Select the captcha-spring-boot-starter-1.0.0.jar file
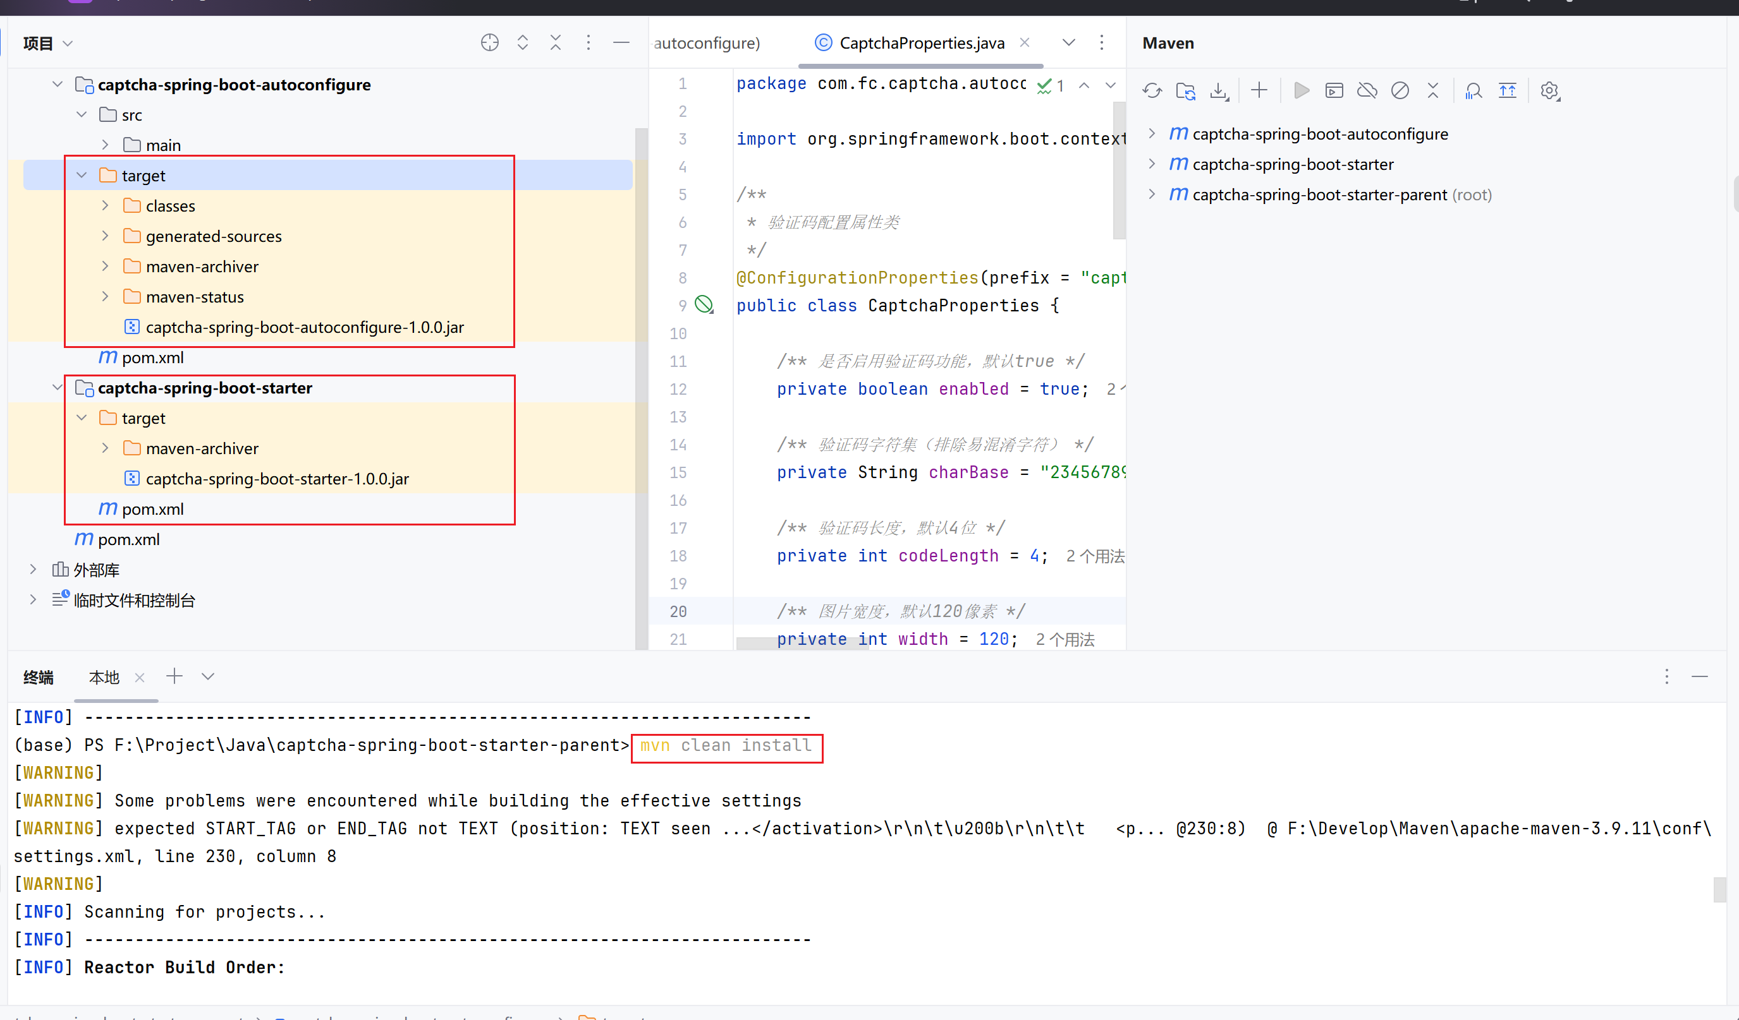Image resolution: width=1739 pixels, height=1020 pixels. [277, 479]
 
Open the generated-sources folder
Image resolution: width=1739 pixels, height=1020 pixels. [213, 237]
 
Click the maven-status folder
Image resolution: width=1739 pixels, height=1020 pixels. [195, 297]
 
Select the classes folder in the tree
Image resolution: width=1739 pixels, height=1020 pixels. [170, 206]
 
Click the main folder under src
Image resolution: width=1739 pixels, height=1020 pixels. [163, 145]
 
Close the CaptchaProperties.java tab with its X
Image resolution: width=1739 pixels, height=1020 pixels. [1025, 43]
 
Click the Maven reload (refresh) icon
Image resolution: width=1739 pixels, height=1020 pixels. [1152, 91]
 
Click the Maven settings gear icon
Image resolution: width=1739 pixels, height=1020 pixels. [1549, 91]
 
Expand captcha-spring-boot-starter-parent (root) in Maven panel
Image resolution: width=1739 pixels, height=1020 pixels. [1152, 195]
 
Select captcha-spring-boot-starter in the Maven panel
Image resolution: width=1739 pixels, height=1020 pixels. [1293, 165]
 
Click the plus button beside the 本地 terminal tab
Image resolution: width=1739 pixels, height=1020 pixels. [174, 676]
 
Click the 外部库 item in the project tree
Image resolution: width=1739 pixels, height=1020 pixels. [96, 570]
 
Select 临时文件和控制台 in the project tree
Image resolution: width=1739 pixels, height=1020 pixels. [134, 601]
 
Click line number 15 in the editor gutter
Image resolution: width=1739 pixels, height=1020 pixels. [678, 473]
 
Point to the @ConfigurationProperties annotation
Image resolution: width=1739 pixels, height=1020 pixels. [857, 278]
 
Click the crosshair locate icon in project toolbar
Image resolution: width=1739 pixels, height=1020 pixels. [489, 43]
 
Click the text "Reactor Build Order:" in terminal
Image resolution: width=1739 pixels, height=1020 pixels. [184, 968]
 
